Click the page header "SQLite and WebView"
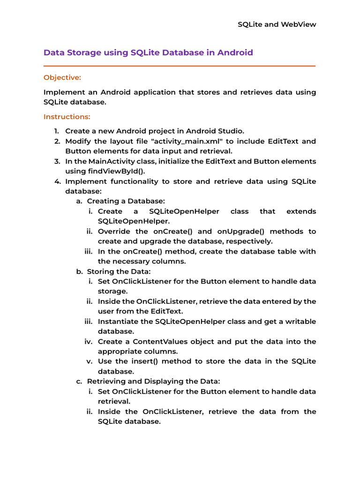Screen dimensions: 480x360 tap(277, 24)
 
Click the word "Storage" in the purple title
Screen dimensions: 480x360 tap(88, 52)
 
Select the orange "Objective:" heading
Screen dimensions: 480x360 tap(62, 77)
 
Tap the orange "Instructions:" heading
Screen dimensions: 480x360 tap(67, 116)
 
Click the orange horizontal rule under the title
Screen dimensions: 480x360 tap(180, 66)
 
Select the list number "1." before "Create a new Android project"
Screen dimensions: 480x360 tap(56, 131)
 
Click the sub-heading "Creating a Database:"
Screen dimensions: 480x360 tap(126, 201)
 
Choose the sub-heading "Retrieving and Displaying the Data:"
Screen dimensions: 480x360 tap(153, 381)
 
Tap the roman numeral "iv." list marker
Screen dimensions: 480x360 tap(89, 341)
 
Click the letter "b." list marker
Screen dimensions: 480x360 tap(80, 271)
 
